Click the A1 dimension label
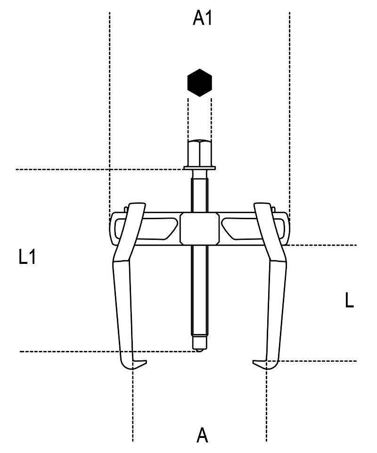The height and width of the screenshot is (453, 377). pyautogui.click(x=203, y=19)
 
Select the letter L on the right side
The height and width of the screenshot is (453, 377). pyautogui.click(x=350, y=300)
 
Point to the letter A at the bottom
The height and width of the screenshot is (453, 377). pyautogui.click(x=202, y=436)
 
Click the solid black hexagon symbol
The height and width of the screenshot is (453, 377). pyautogui.click(x=200, y=83)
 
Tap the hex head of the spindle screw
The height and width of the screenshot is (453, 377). pyautogui.click(x=199, y=153)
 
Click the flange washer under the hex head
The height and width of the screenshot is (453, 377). pyautogui.click(x=199, y=168)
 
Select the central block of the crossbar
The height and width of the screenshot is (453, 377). pyautogui.click(x=199, y=229)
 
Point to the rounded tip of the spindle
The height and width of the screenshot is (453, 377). pyautogui.click(x=199, y=350)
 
